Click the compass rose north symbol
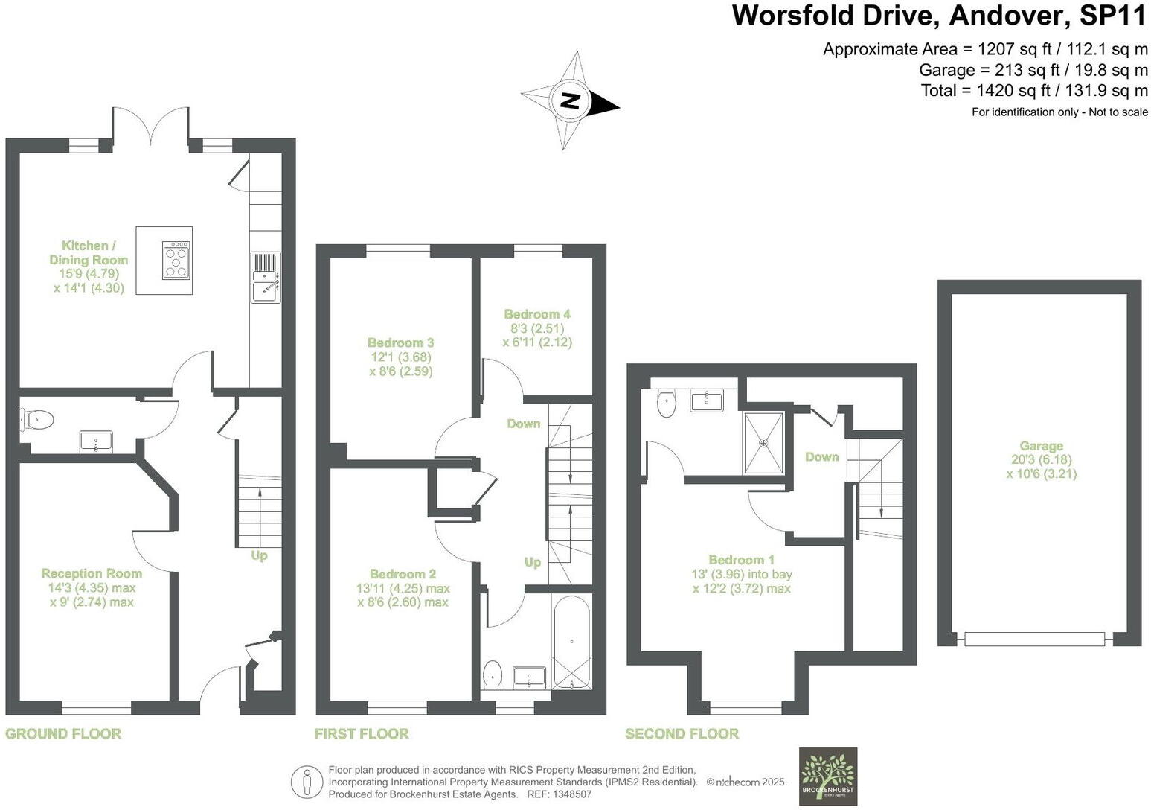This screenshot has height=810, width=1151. (570, 101)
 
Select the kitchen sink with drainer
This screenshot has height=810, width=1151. (266, 277)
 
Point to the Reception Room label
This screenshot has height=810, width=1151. (92, 573)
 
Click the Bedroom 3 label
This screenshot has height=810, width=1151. (400, 342)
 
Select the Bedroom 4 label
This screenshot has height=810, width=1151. (537, 314)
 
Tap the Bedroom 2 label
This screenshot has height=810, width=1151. (403, 574)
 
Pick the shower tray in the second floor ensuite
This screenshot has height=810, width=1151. (763, 443)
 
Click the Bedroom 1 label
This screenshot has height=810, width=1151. (741, 560)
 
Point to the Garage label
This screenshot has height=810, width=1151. (1041, 446)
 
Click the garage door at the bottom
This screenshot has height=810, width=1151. (1034, 639)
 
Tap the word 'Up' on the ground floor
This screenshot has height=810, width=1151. (259, 555)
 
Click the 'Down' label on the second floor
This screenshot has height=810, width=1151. (821, 457)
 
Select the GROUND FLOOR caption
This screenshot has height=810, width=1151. (63, 734)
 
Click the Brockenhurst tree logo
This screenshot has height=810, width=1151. (827, 776)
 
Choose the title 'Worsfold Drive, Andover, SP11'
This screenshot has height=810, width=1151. (940, 16)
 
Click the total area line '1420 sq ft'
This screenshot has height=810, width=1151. (1034, 91)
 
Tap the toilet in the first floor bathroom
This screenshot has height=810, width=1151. (493, 675)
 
